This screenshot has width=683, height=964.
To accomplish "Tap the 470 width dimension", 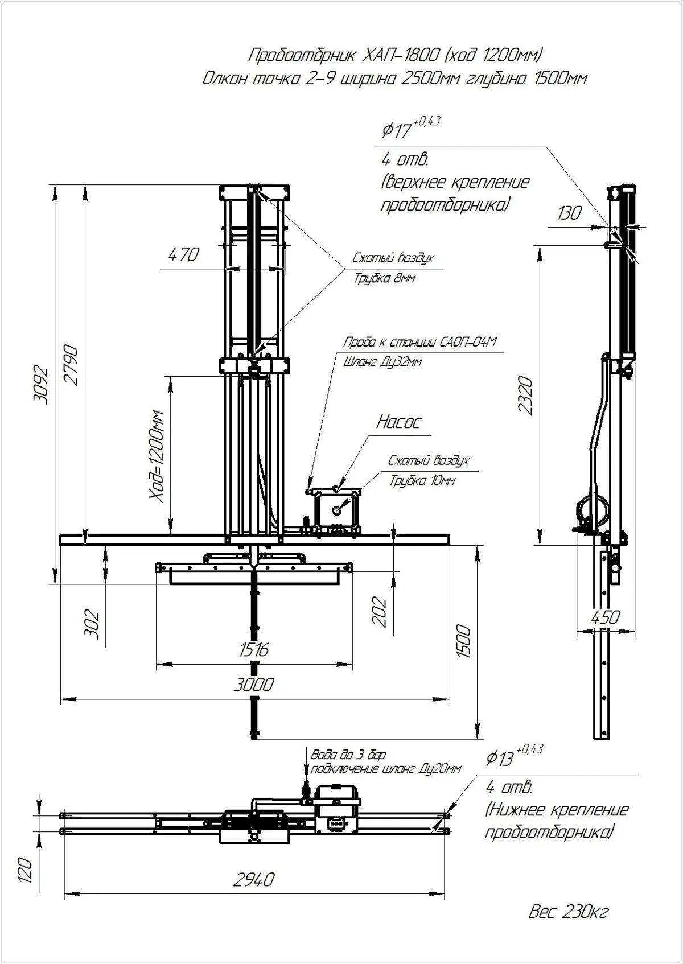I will [x=183, y=254].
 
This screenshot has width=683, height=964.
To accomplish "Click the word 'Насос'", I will [x=399, y=422].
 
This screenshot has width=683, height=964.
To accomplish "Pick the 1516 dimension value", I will [x=253, y=650].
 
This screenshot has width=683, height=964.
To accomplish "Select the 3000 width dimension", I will [x=253, y=685].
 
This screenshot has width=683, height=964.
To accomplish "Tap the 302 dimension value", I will [x=92, y=624].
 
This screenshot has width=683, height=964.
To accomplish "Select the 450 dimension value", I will [x=604, y=617].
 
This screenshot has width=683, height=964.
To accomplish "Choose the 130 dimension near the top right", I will [x=569, y=213].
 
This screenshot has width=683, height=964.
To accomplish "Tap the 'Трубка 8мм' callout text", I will [x=385, y=279].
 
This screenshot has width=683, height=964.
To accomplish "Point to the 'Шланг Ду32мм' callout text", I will [x=382, y=362].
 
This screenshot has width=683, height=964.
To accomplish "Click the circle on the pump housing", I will [x=337, y=511].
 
